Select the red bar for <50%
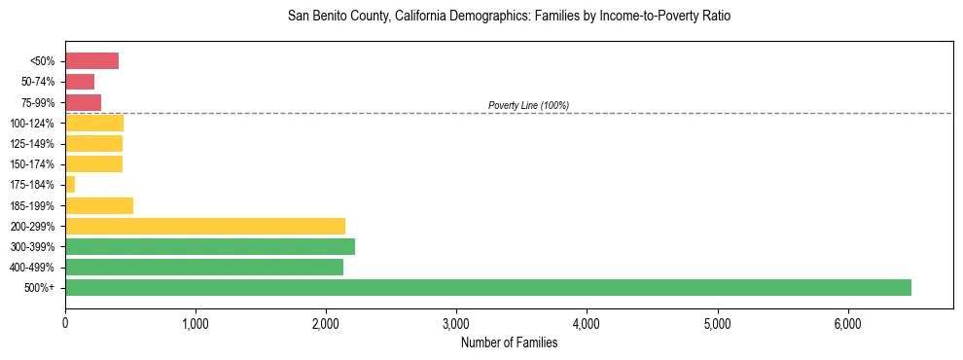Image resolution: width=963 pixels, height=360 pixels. click(x=91, y=61)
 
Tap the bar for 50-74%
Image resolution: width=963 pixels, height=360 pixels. click(x=80, y=82)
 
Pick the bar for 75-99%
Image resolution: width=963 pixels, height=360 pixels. click(x=83, y=102)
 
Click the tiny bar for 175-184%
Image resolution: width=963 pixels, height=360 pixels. click(x=70, y=185)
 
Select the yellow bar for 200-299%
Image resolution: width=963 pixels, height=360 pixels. click(x=205, y=226)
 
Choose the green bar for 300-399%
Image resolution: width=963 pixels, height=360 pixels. click(x=210, y=246)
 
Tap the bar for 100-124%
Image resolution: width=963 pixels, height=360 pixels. click(x=94, y=123)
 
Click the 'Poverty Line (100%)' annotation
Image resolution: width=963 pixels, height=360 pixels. click(x=528, y=105)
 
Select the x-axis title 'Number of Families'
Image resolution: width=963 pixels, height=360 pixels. click(x=509, y=342)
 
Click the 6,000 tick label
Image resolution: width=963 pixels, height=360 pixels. click(x=847, y=323)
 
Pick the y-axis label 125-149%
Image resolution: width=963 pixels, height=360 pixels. click(x=32, y=144)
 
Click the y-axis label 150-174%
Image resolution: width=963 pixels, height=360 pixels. click(x=32, y=164)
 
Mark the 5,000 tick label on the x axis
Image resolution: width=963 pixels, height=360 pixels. click(x=717, y=323)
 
